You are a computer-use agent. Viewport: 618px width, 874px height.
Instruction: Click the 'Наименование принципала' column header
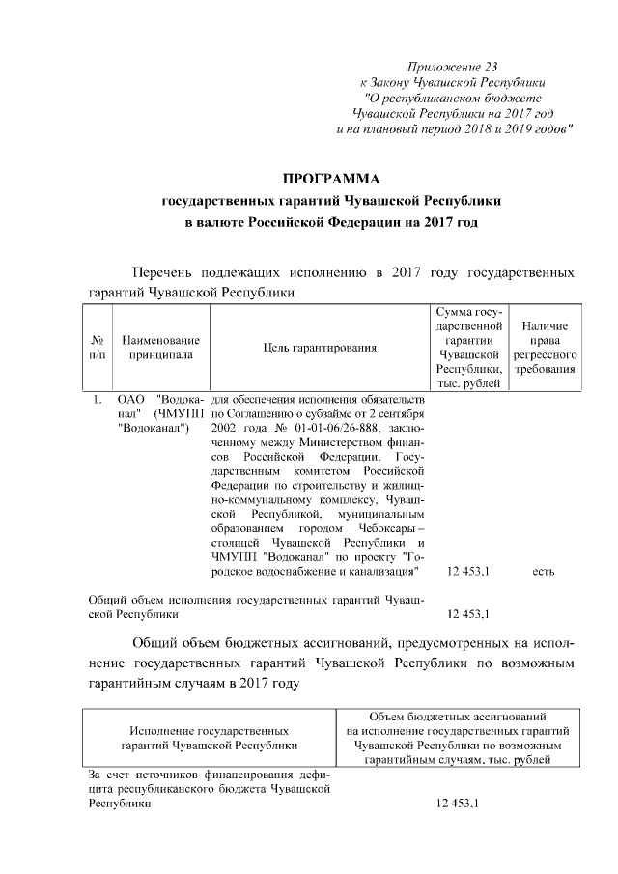coord(161,348)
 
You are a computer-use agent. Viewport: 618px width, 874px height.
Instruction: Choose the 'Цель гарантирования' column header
coord(320,348)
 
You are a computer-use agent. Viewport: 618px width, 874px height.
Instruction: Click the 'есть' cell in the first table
coord(544,572)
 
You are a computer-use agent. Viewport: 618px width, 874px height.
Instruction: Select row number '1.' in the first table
coord(98,399)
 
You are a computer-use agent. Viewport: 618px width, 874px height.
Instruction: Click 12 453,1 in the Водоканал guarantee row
coord(468,572)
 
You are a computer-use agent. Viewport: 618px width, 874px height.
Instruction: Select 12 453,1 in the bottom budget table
coord(458,804)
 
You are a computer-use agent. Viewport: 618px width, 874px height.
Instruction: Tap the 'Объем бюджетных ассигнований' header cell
coord(458,717)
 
